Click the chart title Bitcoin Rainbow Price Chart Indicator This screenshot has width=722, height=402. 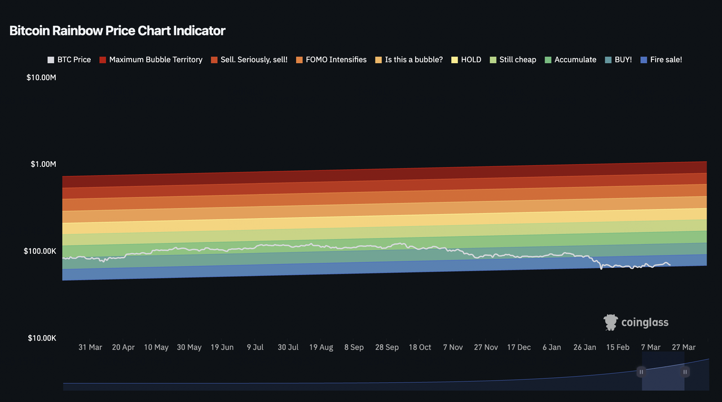tap(117, 31)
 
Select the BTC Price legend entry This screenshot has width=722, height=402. tap(69, 59)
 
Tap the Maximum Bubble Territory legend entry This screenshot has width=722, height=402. tap(151, 59)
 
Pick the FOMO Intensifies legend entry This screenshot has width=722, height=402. tap(331, 59)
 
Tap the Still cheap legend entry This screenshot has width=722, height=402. tap(513, 59)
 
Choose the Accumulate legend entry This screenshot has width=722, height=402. tap(570, 59)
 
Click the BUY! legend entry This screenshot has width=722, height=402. tap(618, 59)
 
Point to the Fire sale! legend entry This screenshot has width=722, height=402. tap(661, 59)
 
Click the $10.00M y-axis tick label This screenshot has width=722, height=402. tap(41, 77)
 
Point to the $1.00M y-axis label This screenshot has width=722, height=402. tap(43, 164)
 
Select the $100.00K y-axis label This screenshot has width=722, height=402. tap(40, 251)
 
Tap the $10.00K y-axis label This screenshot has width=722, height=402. tap(41, 338)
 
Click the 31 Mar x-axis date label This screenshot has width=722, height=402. tap(90, 347)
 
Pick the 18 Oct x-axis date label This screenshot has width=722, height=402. tap(420, 347)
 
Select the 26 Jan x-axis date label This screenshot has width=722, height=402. tap(585, 347)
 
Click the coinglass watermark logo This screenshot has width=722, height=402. tap(636, 322)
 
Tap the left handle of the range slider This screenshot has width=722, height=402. tap(641, 372)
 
